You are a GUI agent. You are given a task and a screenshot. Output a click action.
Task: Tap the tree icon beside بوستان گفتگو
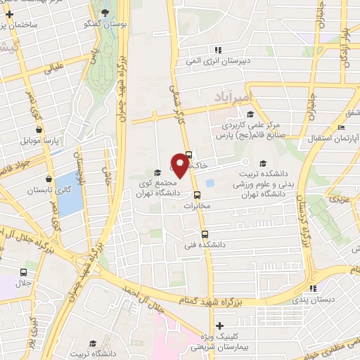click(x=105, y=13)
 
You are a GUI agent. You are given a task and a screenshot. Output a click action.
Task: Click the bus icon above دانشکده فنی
click(x=205, y=235)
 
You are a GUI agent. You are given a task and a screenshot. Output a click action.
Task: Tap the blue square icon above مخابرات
click(x=198, y=195)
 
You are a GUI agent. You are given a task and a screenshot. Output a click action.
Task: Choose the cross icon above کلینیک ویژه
click(x=220, y=326)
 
